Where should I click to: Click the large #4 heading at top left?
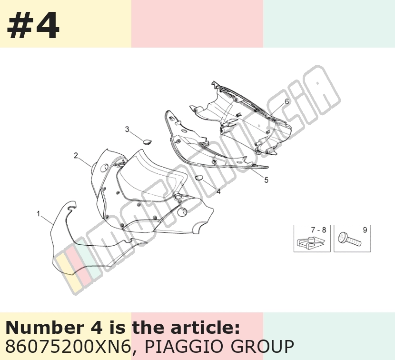click(33, 25)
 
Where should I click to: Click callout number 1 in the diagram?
click(38, 214)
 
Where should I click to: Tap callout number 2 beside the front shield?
click(76, 156)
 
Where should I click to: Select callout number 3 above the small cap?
click(127, 130)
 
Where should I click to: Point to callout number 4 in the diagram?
click(218, 191)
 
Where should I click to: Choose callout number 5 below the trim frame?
click(267, 180)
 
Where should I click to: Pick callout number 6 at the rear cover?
click(286, 101)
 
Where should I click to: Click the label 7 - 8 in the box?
click(318, 230)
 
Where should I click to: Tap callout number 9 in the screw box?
click(365, 230)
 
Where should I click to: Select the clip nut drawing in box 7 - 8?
click(310, 242)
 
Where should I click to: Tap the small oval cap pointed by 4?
click(199, 178)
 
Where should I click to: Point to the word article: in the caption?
click(205, 328)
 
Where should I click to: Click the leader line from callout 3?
click(136, 136)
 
